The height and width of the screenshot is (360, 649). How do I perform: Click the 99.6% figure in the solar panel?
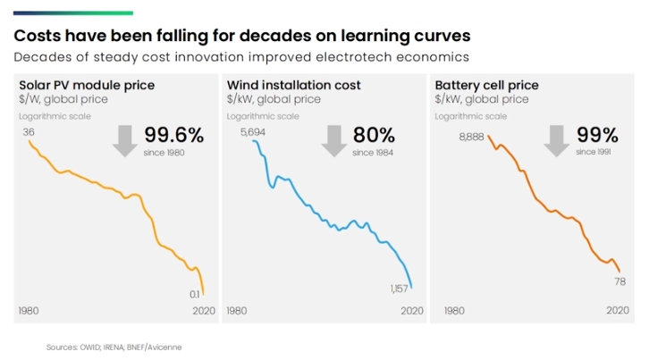[x=174, y=136]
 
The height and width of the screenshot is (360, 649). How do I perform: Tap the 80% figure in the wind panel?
[x=374, y=136]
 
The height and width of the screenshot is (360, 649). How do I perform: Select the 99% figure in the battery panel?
[x=597, y=136]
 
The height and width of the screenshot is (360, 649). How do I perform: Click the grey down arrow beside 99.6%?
[x=126, y=140]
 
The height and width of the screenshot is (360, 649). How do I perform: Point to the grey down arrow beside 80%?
[x=334, y=140]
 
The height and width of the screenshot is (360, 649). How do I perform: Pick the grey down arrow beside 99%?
[x=557, y=140]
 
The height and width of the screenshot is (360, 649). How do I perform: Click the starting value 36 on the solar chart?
[x=29, y=132]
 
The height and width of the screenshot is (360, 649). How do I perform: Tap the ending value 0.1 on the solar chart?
[x=195, y=293]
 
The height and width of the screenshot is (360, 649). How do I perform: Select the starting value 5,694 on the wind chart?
[x=254, y=132]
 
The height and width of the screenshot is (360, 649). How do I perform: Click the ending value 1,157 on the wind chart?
[x=399, y=289]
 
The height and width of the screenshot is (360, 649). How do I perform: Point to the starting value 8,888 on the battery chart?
[x=471, y=137]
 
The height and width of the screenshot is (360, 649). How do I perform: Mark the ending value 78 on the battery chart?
[x=619, y=282]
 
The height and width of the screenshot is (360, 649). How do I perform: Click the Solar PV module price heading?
[x=87, y=85]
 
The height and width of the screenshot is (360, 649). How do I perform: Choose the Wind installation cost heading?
[x=294, y=85]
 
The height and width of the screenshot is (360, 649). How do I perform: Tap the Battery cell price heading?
[x=486, y=85]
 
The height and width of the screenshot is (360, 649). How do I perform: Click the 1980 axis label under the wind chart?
[x=237, y=311]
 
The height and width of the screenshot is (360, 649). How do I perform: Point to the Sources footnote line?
[x=120, y=346]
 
